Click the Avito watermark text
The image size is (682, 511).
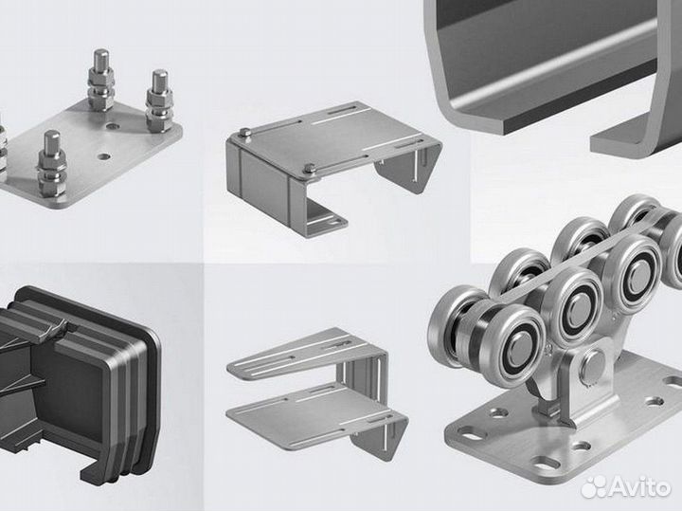pyautogui.click(x=639, y=486)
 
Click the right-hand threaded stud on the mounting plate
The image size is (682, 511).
pyautogui.click(x=159, y=101)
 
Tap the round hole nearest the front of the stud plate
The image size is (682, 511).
pyautogui.click(x=103, y=155)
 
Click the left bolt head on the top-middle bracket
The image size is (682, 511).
pyautogui.click(x=244, y=133)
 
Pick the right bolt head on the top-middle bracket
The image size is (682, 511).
pyautogui.click(x=309, y=168)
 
